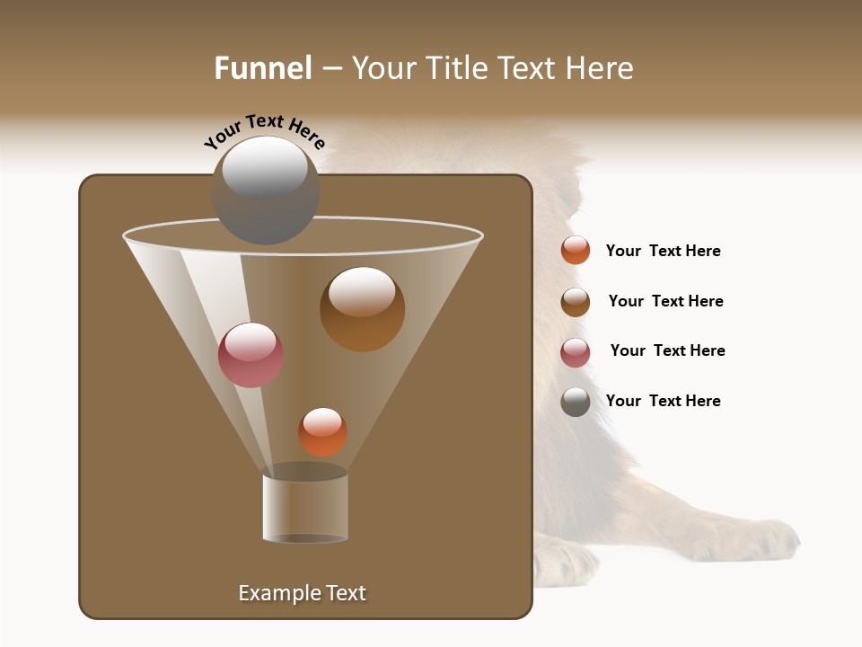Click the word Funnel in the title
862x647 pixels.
pyautogui.click(x=262, y=68)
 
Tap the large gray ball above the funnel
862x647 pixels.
pyautogui.click(x=265, y=191)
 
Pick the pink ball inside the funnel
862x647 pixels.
pyautogui.click(x=251, y=356)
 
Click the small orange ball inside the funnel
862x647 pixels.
pyautogui.click(x=322, y=433)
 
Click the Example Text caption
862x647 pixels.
pyautogui.click(x=302, y=593)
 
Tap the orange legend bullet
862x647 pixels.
pyautogui.click(x=576, y=251)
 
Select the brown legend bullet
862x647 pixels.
pyautogui.click(x=576, y=302)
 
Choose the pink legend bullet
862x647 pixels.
pyautogui.click(x=576, y=352)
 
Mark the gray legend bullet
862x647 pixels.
pyautogui.click(x=576, y=402)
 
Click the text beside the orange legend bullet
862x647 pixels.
pyautogui.click(x=663, y=252)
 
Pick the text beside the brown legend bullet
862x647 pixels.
pyautogui.click(x=665, y=301)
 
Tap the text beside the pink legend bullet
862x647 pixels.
pyautogui.click(x=667, y=350)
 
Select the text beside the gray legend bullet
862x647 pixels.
pyautogui.click(x=663, y=401)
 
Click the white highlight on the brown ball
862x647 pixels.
pyautogui.click(x=362, y=291)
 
